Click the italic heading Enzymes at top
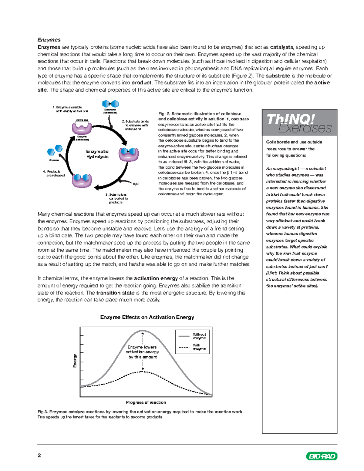pyautogui.click(x=49, y=40)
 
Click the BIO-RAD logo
pyautogui.click(x=322, y=456)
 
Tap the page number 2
pyautogui.click(x=39, y=456)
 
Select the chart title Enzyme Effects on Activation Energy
pyautogui.click(x=147, y=317)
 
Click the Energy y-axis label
pyautogui.click(x=75, y=361)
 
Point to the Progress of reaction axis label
pyautogui.click(x=146, y=402)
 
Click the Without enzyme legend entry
pyautogui.click(x=199, y=336)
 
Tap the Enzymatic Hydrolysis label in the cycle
pyautogui.click(x=97, y=154)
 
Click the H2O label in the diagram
pyautogui.click(x=136, y=184)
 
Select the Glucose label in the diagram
pyautogui.click(x=54, y=160)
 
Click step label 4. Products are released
pyautogui.click(x=54, y=173)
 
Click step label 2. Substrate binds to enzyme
pyautogui.click(x=136, y=125)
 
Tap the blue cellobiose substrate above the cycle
pyautogui.click(x=110, y=104)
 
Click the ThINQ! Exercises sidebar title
pyautogui.click(x=299, y=123)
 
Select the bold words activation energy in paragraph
pyautogui.click(x=156, y=278)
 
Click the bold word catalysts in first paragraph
pyautogui.click(x=281, y=47)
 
